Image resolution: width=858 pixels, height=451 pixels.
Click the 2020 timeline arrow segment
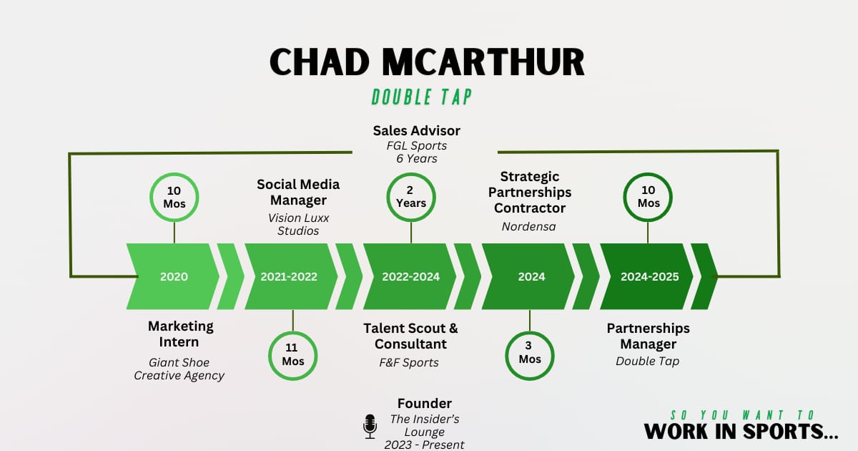[x=174, y=276]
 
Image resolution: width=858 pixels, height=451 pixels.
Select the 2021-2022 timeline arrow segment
[x=289, y=276]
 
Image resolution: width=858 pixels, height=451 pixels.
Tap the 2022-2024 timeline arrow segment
[x=410, y=276]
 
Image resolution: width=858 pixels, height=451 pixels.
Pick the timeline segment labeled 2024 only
[x=531, y=276]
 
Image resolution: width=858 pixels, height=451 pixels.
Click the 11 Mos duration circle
[x=293, y=355]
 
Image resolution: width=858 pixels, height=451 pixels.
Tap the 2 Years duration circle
[x=411, y=197]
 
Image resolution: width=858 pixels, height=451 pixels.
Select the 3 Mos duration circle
[x=530, y=354]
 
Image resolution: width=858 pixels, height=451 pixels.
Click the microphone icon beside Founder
[x=370, y=427]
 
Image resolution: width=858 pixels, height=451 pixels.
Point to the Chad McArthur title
[x=428, y=63]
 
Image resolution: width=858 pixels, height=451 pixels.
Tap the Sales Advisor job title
[x=417, y=131]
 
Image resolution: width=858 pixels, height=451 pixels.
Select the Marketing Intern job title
[x=180, y=334]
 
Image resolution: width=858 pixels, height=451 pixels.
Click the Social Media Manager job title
[x=298, y=192]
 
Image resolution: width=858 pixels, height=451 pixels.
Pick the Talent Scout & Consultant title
[x=410, y=336]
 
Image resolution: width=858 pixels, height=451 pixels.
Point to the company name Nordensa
[x=530, y=226]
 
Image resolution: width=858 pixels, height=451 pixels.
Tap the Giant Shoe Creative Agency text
[x=179, y=369]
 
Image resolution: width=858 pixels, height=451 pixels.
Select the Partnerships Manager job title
[x=648, y=336]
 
